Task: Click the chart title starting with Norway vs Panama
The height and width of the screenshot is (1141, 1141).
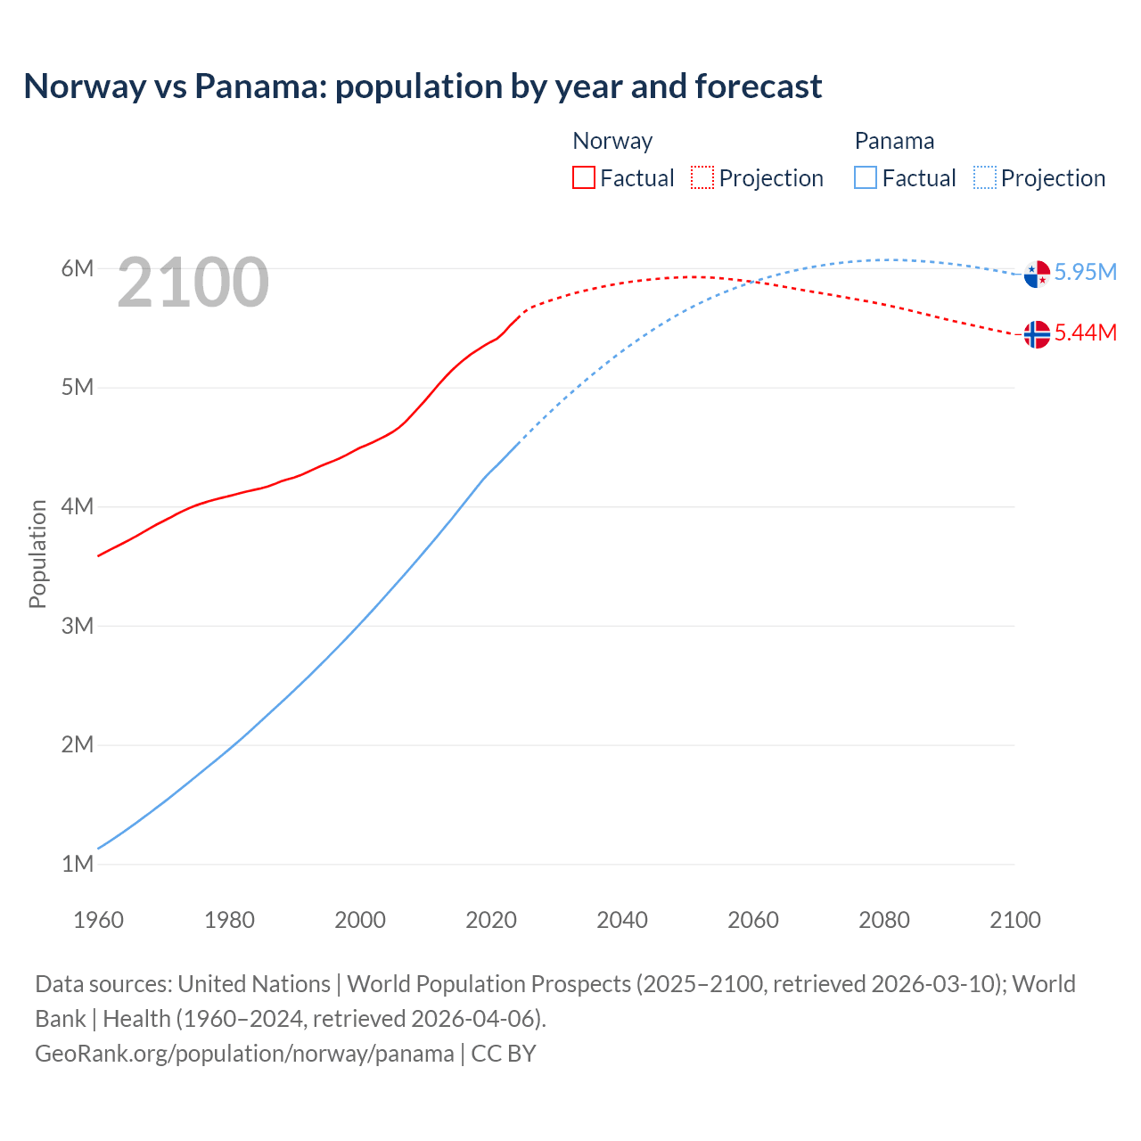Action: pos(423,86)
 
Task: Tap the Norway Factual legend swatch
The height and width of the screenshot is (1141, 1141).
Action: pos(583,177)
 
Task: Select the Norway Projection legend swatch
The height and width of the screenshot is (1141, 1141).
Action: pos(702,177)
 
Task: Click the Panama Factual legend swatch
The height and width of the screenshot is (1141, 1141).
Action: pos(866,177)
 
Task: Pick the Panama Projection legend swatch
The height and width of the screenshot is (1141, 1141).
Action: pos(984,177)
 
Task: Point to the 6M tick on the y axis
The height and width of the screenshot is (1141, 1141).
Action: pos(78,268)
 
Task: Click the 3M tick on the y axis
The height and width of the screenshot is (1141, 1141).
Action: pos(78,626)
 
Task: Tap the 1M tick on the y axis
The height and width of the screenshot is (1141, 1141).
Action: pos(78,864)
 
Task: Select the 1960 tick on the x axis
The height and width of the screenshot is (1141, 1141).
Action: pos(98,920)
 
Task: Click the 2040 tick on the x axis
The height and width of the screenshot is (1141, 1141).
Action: pos(622,920)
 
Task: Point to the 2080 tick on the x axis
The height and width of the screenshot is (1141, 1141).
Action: pos(884,920)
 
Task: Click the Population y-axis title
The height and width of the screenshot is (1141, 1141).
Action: pos(37,554)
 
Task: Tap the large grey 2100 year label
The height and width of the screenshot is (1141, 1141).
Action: pos(193,283)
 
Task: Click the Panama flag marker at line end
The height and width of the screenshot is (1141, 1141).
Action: pos(1037,274)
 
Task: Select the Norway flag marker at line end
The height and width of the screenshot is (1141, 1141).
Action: pos(1037,334)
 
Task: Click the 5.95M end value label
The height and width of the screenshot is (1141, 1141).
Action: pos(1086,272)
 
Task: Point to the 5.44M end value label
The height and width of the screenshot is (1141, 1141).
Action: pos(1086,332)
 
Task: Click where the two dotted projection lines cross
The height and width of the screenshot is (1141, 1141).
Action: pos(756,282)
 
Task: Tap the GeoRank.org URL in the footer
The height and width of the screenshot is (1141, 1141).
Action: pos(244,1053)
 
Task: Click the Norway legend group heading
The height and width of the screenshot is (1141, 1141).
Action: pos(612,141)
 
